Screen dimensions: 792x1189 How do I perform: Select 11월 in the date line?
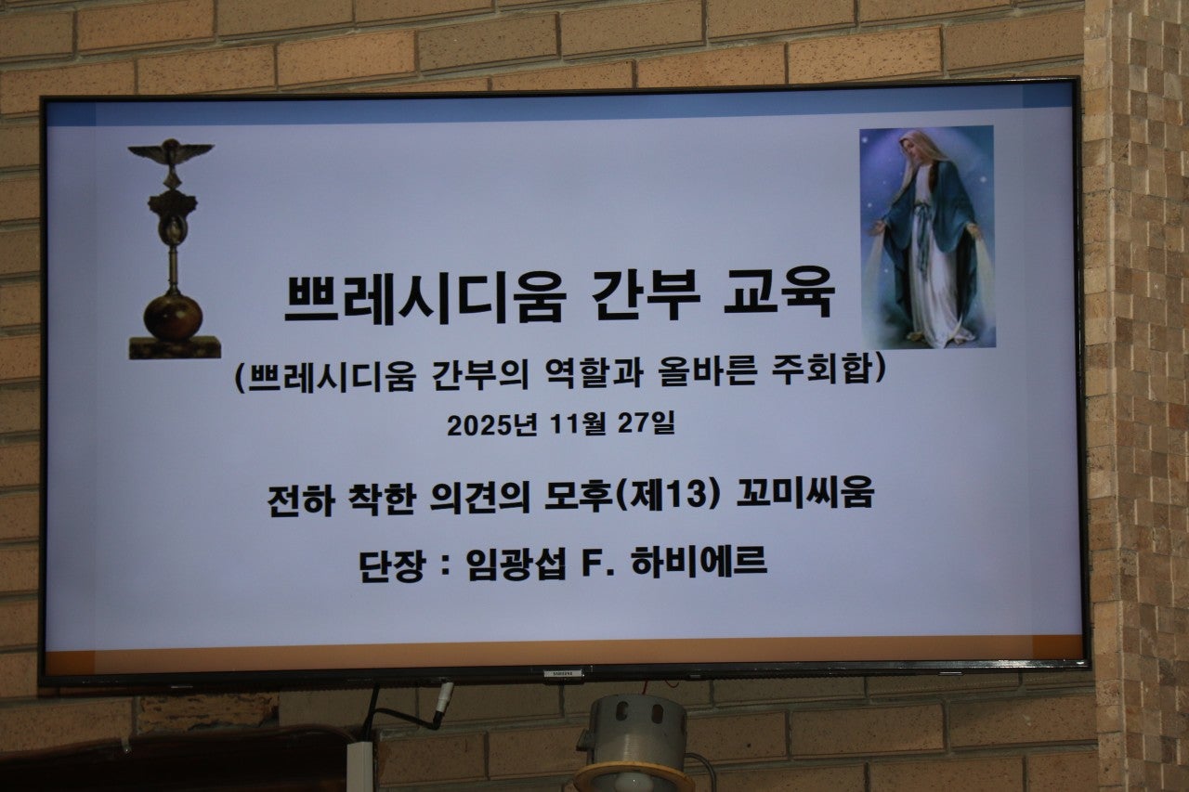pyautogui.click(x=577, y=424)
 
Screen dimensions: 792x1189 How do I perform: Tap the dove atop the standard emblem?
pyautogui.click(x=171, y=151)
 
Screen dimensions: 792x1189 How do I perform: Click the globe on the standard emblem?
pyautogui.click(x=173, y=315)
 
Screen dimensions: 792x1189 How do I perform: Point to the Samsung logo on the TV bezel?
pyautogui.click(x=563, y=672)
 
